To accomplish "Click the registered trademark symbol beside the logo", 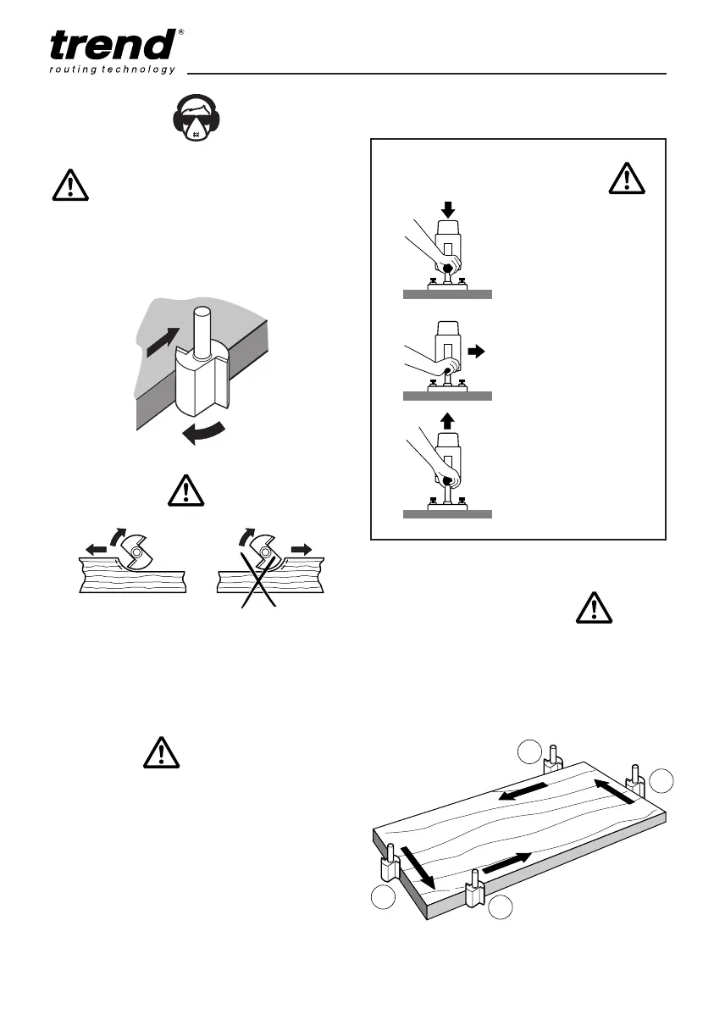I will point(182,32).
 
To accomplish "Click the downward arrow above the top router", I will point(448,208).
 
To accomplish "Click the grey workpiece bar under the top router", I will point(447,295).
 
